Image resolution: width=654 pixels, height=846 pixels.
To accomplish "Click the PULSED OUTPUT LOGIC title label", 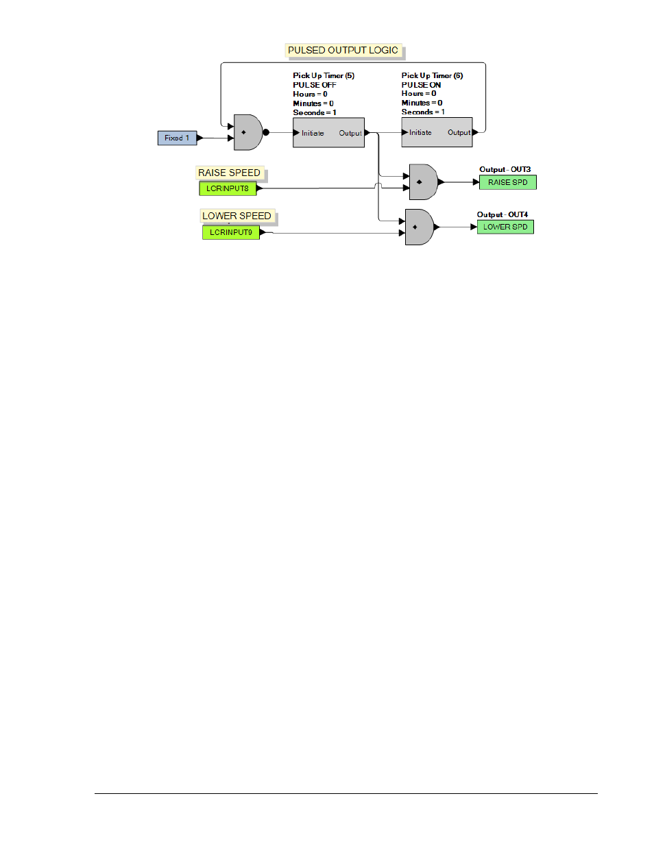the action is click(343, 50).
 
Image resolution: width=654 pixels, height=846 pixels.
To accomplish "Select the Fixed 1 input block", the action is click(178, 138).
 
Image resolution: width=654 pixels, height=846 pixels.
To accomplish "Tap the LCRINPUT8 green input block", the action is click(228, 188).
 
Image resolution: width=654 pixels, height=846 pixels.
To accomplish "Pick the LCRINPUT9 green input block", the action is click(231, 232).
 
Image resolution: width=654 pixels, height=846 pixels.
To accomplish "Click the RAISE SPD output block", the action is click(507, 182).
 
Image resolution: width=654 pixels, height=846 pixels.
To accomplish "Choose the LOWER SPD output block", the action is click(505, 227).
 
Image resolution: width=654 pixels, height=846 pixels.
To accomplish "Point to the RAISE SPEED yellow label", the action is click(230, 173).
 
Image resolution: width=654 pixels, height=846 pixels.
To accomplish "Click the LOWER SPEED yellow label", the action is click(237, 216).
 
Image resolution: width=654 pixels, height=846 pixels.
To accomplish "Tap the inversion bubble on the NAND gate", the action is click(266, 132).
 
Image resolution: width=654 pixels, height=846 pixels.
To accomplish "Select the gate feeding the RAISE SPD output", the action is click(423, 182).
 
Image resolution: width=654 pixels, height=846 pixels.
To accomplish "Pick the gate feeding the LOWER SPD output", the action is click(419, 227).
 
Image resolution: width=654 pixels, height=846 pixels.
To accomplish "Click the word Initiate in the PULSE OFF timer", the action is click(313, 133).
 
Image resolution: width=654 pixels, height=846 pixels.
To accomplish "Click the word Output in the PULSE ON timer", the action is click(459, 132).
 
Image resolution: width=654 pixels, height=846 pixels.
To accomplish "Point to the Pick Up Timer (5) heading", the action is click(324, 75).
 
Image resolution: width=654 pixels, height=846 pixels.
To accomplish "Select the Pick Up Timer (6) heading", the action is click(433, 75).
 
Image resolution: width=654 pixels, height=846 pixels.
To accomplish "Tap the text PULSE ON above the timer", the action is click(421, 85).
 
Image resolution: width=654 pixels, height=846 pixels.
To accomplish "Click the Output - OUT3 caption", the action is click(505, 169).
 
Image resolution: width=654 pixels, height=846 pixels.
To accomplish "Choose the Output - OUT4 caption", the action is click(502, 214).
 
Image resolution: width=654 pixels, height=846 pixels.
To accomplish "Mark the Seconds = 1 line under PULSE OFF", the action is click(315, 112).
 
